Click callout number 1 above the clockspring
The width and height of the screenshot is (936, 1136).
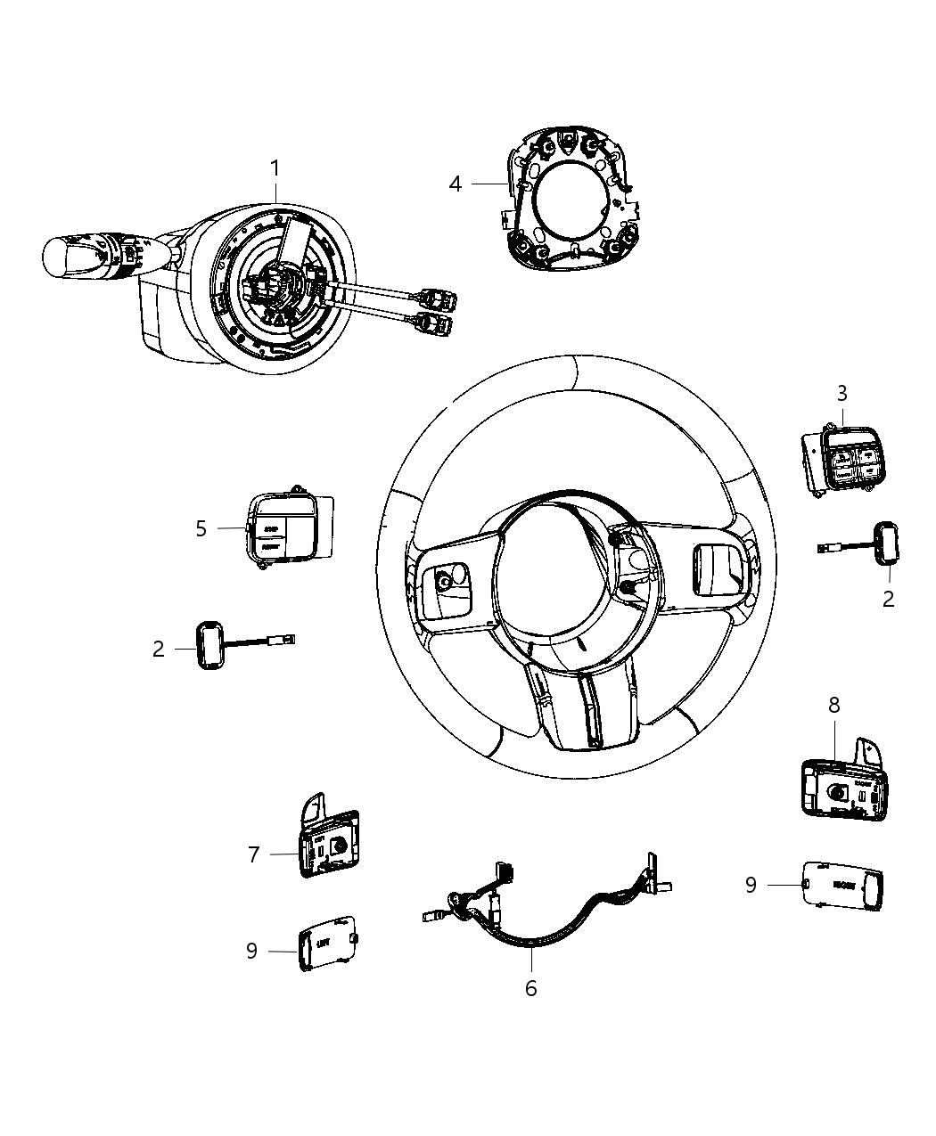276,168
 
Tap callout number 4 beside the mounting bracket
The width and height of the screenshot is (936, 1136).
456,184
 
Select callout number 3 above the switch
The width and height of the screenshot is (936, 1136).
842,393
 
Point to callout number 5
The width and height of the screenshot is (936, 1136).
201,528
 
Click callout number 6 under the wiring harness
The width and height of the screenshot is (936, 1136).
531,988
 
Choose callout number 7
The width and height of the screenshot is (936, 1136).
254,854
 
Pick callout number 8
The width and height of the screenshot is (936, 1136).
834,705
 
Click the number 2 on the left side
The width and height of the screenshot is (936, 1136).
159,650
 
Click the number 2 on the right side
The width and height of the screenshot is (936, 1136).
888,599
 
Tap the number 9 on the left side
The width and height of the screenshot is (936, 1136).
251,951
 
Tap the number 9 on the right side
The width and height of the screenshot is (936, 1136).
751,884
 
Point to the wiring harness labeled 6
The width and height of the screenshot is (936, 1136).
553,918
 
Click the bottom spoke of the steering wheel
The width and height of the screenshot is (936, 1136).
587,705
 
